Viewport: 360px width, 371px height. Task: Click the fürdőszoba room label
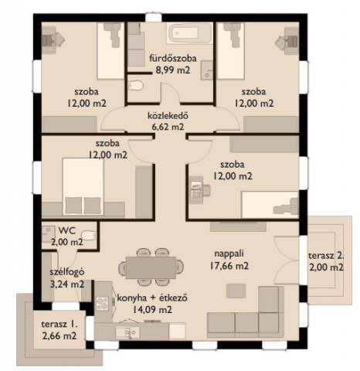coord(173,58)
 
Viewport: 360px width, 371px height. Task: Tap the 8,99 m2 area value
coord(173,70)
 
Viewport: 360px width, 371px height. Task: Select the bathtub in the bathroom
coord(189,33)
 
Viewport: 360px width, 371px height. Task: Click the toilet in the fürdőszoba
coord(135,85)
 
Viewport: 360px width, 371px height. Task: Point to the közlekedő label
coord(168,116)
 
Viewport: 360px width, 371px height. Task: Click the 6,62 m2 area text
coord(168,127)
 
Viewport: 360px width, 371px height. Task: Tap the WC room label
coord(67,230)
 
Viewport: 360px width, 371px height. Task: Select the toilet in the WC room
coord(89,236)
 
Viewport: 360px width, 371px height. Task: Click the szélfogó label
coord(67,272)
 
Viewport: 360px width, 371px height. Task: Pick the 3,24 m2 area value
coord(67,284)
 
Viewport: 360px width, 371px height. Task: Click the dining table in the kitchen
coord(151,267)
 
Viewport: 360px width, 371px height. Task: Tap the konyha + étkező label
coord(152,298)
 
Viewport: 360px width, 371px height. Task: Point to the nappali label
coord(229,254)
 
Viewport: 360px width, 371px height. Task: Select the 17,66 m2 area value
coord(229,265)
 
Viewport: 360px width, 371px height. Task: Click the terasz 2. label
coord(326,256)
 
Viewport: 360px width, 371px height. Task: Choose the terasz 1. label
coord(59,325)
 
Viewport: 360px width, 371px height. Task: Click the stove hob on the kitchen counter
coord(103,303)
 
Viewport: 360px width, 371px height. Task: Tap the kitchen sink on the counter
coord(127,332)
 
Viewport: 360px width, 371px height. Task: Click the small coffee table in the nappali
coord(236,291)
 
